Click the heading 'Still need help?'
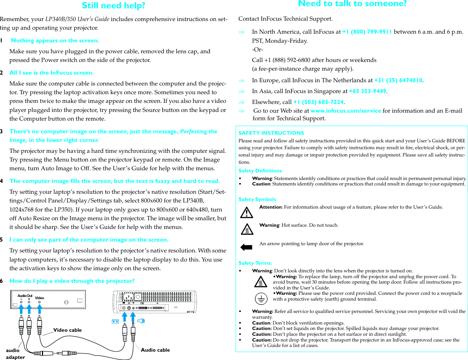pos(113,6)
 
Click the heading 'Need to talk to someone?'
pos(352,4)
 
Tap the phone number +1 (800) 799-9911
pos(367,32)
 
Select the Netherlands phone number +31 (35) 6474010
pos(398,80)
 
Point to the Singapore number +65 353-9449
pos(367,91)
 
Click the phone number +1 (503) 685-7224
pos(318,102)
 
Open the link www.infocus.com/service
pos(346,111)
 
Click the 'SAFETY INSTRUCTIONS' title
pos(271,133)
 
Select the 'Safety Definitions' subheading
pos(260,171)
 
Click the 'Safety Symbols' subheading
pos(257,199)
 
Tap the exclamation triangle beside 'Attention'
pos(246,212)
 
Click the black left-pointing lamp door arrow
pos(246,247)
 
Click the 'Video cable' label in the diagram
pos(67,330)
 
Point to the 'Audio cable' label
pos(155,350)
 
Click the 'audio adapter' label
pos(15,354)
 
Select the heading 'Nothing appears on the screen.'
pos(55,41)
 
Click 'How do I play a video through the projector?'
pos(72,281)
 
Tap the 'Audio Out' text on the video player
pos(25,296)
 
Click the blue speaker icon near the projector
pos(141,321)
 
